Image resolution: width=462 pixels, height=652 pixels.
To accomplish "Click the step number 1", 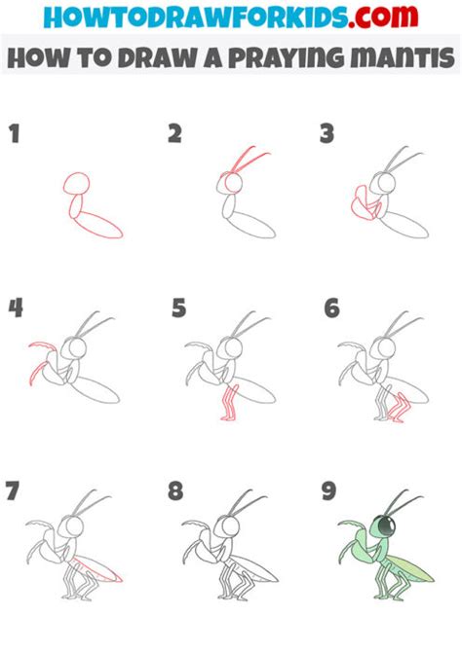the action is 15,134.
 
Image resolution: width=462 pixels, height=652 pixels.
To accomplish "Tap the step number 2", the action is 175,133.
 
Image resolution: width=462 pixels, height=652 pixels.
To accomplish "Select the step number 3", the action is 327,133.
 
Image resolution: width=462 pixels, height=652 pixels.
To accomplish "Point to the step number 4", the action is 16,308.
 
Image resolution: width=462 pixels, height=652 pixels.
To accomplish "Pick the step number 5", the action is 178,308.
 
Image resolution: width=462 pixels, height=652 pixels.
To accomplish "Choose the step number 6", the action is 332,308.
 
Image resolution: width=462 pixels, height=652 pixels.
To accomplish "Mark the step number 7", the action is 13,490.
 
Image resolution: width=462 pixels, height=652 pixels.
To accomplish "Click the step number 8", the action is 175,490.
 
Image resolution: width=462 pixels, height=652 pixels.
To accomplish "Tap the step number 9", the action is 328,490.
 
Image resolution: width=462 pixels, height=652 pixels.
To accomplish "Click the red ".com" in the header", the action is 383,17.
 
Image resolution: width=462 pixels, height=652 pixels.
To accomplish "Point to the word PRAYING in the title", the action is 287,58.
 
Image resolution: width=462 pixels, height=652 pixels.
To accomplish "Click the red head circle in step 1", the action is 77,183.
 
